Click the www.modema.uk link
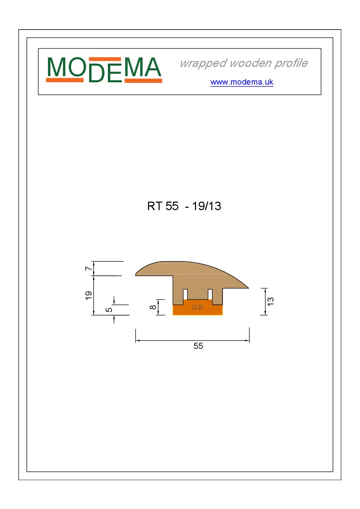pos(242,82)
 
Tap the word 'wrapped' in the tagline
pos(203,64)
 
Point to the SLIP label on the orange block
pos(197,307)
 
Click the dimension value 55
pos(198,346)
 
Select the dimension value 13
pos(271,302)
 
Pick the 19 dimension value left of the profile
pos(88,295)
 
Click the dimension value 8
pos(153,307)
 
